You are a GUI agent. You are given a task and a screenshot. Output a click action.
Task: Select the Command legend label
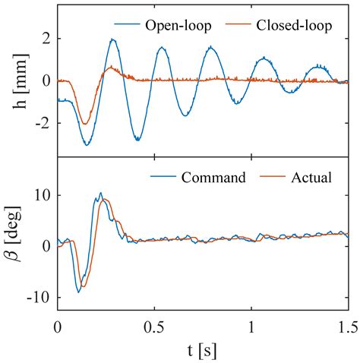click(x=213, y=178)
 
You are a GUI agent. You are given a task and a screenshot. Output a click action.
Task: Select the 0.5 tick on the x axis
click(x=155, y=326)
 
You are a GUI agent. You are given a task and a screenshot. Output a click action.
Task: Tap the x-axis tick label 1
click(x=251, y=326)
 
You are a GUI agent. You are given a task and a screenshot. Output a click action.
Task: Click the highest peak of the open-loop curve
click(x=112, y=39)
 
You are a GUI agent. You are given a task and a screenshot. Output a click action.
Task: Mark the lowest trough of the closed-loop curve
click(x=85, y=124)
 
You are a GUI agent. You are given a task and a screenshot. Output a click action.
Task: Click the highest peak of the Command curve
click(x=100, y=193)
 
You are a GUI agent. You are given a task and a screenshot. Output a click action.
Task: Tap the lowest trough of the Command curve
click(x=78, y=292)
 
